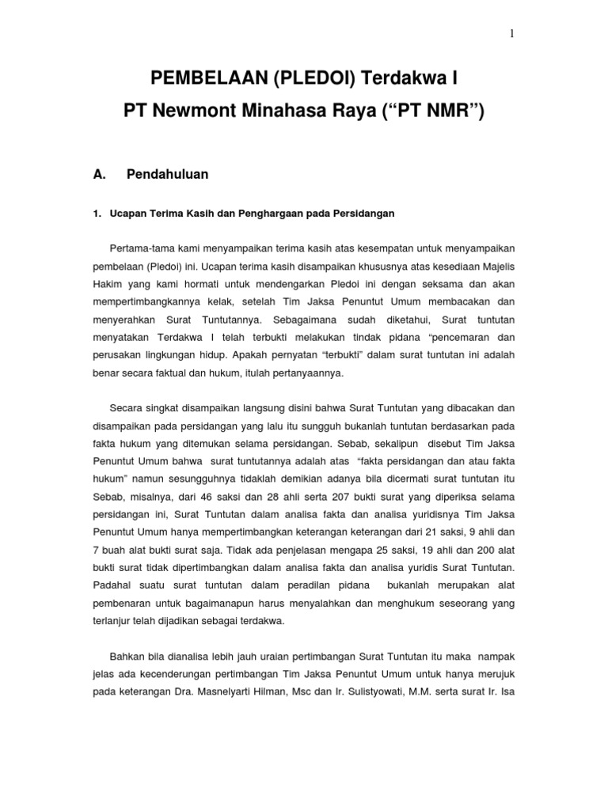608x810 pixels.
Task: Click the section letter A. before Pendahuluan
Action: [100, 173]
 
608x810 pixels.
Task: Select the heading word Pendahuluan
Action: [167, 173]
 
